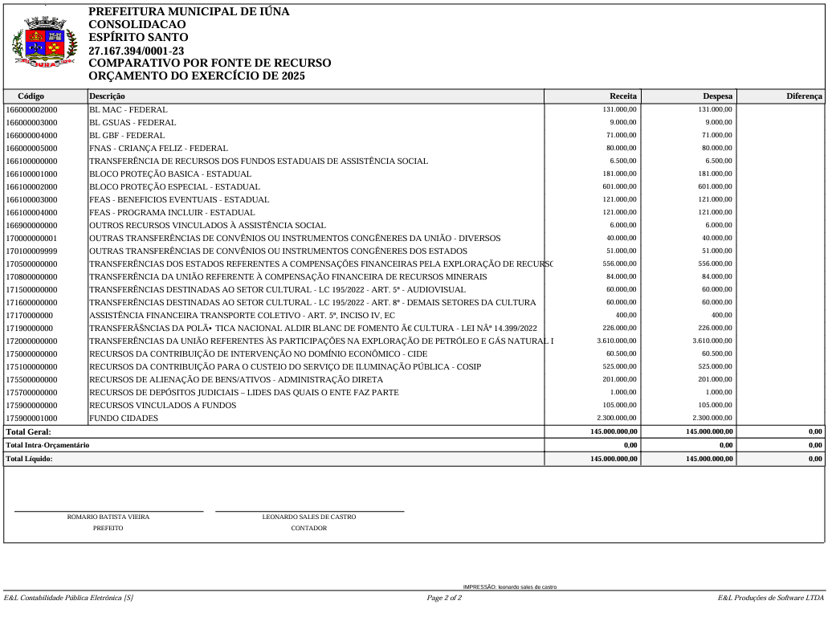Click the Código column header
click(x=31, y=96)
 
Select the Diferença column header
click(x=804, y=96)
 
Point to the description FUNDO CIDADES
click(x=124, y=418)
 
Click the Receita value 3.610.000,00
click(x=617, y=341)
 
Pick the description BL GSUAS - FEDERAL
click(x=133, y=122)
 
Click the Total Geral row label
click(x=28, y=431)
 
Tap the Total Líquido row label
click(x=30, y=458)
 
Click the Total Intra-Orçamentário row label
click(x=47, y=444)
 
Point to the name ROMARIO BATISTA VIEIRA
click(x=108, y=517)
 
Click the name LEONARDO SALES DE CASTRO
click(x=309, y=517)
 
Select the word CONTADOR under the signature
click(x=309, y=528)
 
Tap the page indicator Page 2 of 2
click(x=444, y=598)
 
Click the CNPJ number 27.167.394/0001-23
click(x=136, y=51)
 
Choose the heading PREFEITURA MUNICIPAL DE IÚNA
click(x=189, y=12)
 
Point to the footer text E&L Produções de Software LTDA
click(x=771, y=598)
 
